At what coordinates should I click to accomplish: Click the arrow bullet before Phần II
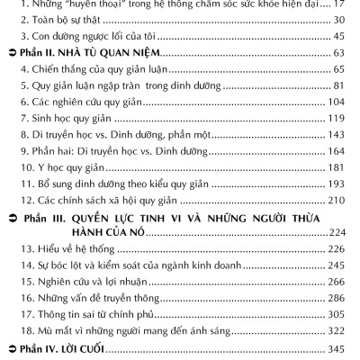pyautogui.click(x=10, y=56)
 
